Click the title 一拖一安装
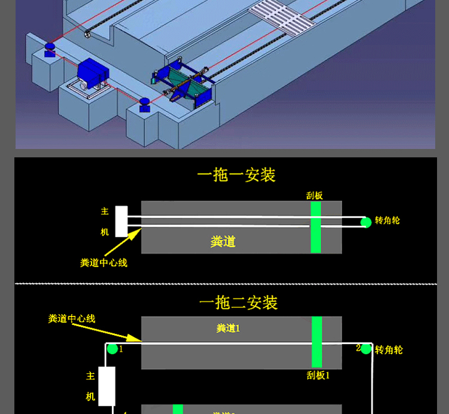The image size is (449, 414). (236, 175)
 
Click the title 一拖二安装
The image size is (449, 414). (238, 303)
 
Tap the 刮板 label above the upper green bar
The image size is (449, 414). (315, 195)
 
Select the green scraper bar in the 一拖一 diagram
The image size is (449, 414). (315, 227)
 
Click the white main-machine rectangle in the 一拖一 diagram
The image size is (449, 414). (122, 221)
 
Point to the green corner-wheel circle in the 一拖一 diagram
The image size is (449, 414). (366, 223)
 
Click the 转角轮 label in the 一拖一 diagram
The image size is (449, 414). (387, 220)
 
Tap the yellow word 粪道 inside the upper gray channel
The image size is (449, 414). (223, 242)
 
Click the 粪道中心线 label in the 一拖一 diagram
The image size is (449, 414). (104, 262)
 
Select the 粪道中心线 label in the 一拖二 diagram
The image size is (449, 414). (72, 319)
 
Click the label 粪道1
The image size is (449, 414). (228, 328)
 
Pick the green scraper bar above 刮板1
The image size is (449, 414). (317, 342)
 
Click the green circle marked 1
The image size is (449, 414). (112, 349)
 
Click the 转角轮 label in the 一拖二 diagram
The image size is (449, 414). (389, 349)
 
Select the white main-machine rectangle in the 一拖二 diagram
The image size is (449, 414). (107, 386)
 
